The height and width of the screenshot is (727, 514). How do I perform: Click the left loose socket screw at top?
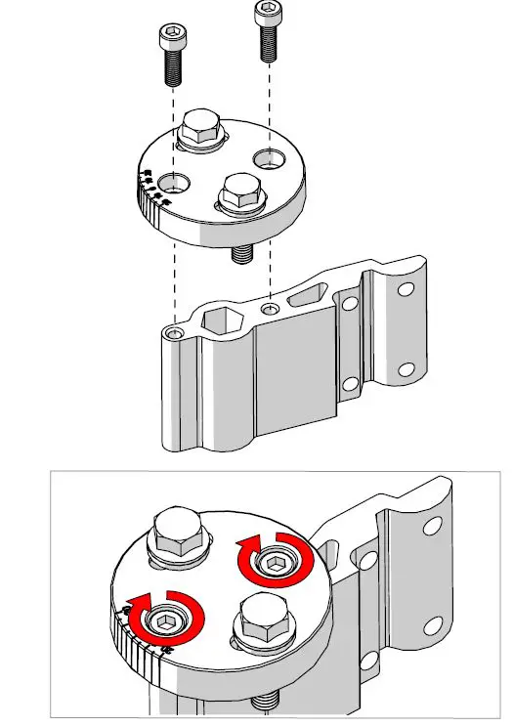[171, 55]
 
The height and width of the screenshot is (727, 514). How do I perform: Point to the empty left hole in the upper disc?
[176, 182]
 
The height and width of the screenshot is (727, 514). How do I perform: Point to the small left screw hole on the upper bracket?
[174, 333]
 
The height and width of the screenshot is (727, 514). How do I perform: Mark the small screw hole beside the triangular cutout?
[270, 308]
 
